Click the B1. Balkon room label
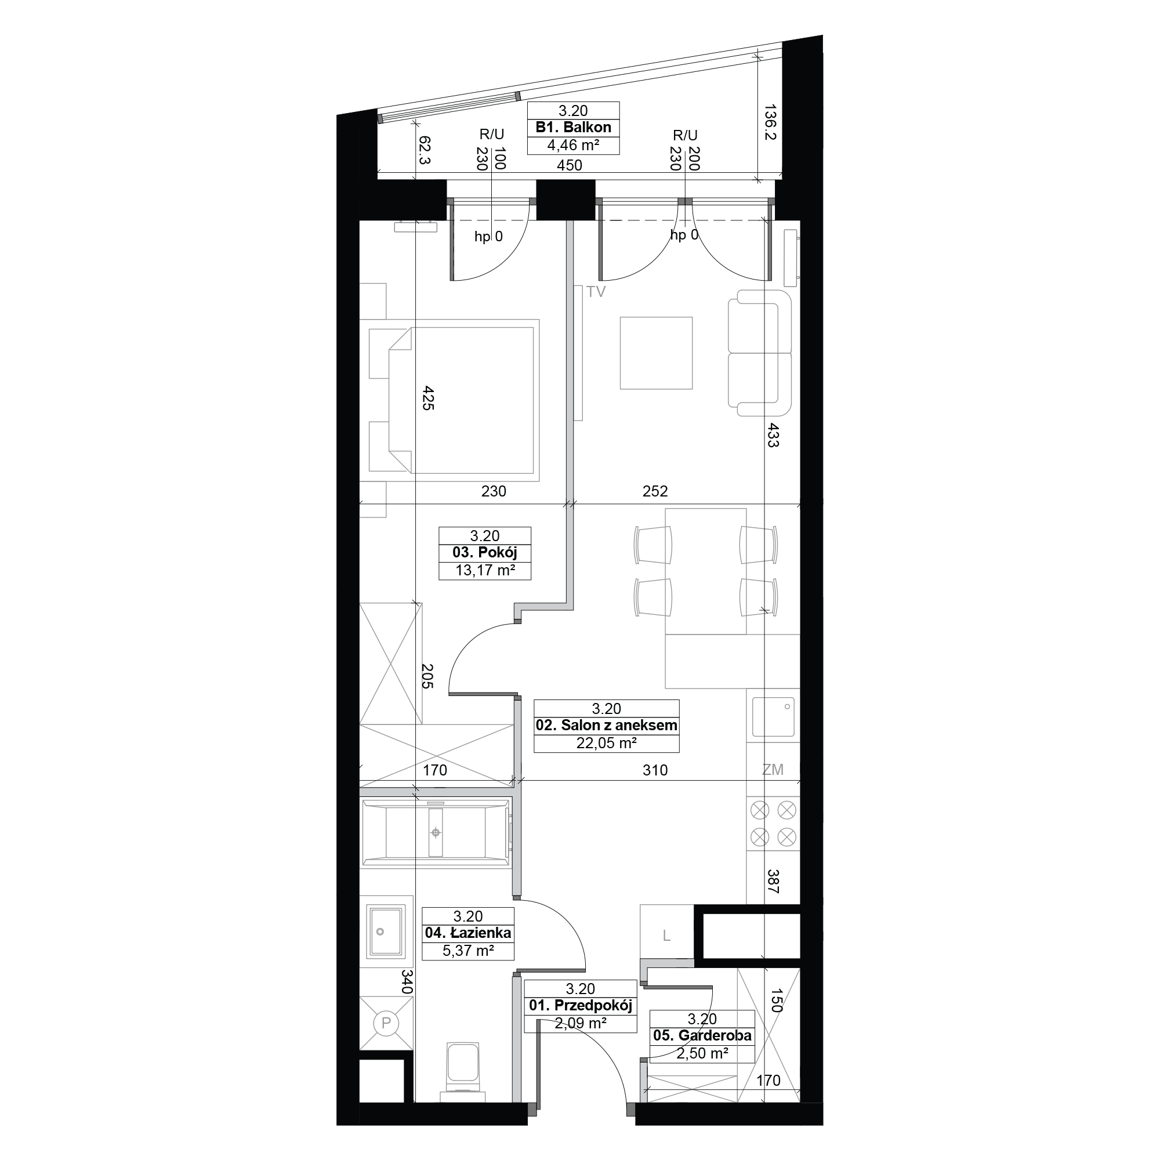point(573,127)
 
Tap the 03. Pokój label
point(484,552)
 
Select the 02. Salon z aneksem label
point(607,726)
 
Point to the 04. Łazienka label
point(467,933)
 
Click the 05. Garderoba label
point(702,1035)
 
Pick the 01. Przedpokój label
point(580,1006)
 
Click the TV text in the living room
point(596,292)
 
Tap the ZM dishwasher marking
point(773,770)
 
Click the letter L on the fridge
point(666,936)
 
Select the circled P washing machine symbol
point(386,1023)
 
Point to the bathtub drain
point(436,833)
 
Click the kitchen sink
point(773,716)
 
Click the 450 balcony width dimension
point(569,165)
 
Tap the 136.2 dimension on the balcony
point(771,122)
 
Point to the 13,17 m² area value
point(485,570)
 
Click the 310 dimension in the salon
point(655,770)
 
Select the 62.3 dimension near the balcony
point(425,150)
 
